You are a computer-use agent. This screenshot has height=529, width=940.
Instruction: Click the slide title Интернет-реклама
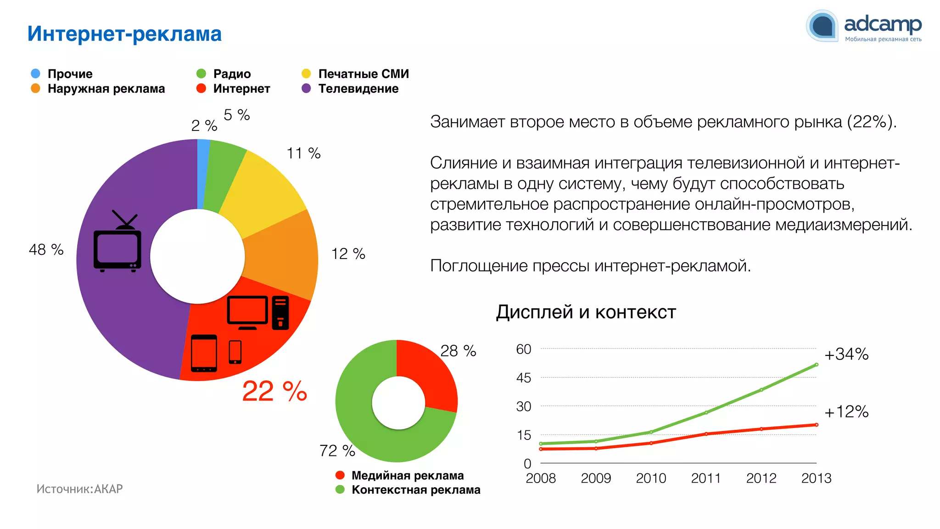pyautogui.click(x=124, y=34)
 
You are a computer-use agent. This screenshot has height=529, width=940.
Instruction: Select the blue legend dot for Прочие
pyautogui.click(x=35, y=73)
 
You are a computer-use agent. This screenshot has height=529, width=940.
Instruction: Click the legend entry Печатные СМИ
pyautogui.click(x=363, y=73)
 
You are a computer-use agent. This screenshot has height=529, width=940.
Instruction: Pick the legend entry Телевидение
pyautogui.click(x=358, y=89)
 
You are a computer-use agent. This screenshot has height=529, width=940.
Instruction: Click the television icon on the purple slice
pyautogui.click(x=117, y=243)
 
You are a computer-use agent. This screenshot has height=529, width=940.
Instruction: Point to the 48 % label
pyautogui.click(x=46, y=250)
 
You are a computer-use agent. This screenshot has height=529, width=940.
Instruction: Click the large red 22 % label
pyautogui.click(x=274, y=391)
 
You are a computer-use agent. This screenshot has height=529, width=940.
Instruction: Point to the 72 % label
pyautogui.click(x=337, y=451)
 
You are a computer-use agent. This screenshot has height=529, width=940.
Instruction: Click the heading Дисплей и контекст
pyautogui.click(x=586, y=312)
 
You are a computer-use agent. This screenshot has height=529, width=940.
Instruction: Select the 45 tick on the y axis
pyautogui.click(x=523, y=378)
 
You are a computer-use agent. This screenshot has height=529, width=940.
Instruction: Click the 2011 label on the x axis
pyautogui.click(x=705, y=478)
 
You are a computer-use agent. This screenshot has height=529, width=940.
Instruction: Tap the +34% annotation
pyautogui.click(x=846, y=355)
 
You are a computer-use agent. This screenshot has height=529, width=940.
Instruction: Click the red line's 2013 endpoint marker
pyautogui.click(x=816, y=425)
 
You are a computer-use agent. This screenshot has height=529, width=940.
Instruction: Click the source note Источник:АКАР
pyautogui.click(x=79, y=489)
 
